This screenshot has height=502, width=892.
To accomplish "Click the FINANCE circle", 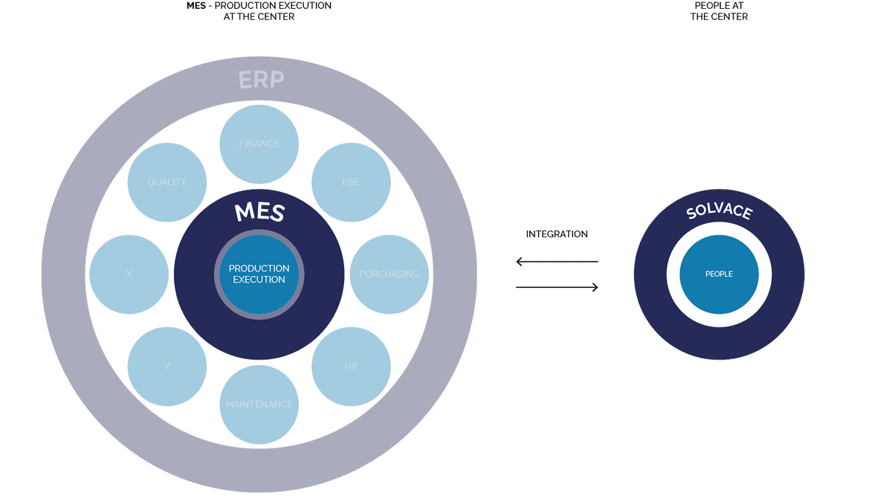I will (259, 144).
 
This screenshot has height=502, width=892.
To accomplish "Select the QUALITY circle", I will (167, 182).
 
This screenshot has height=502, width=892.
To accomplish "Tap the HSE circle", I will (351, 182).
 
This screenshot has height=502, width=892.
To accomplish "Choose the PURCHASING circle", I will (389, 274).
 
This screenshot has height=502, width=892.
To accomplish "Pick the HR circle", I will (351, 366).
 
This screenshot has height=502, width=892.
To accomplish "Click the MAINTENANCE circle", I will (259, 404).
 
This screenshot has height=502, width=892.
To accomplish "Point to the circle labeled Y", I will (167, 366).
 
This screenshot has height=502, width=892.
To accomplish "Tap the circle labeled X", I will (129, 274).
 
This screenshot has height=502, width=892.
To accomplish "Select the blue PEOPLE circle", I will (719, 274).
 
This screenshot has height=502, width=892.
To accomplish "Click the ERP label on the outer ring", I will (261, 80).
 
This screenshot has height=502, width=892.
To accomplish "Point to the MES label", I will (259, 212).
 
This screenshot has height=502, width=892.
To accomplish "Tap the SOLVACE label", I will (719, 211).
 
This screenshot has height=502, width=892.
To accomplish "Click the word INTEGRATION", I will (557, 234).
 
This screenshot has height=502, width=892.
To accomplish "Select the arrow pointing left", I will (557, 261).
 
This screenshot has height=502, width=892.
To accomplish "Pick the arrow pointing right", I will (557, 287).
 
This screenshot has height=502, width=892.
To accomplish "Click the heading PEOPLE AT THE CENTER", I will (719, 11).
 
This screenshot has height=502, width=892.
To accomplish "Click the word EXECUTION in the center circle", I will (259, 280).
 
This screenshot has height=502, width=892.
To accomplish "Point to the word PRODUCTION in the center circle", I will (259, 268).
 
